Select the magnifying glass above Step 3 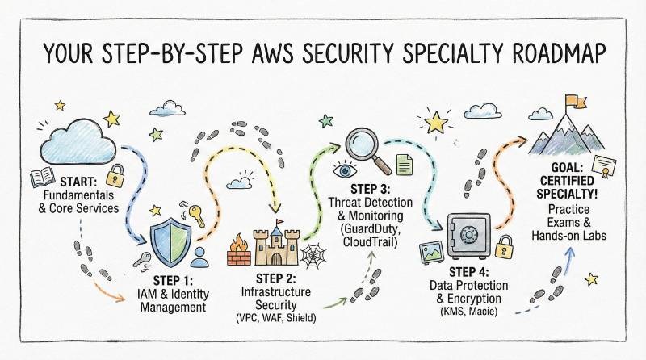click(366, 148)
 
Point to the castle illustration click(278, 239)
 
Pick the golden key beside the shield click(195, 216)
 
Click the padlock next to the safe click(504, 246)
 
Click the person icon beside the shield click(199, 256)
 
